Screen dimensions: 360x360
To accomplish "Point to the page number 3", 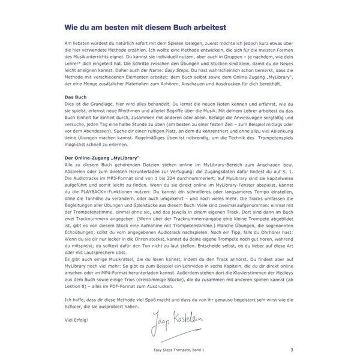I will pyautogui.click(x=292, y=350).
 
